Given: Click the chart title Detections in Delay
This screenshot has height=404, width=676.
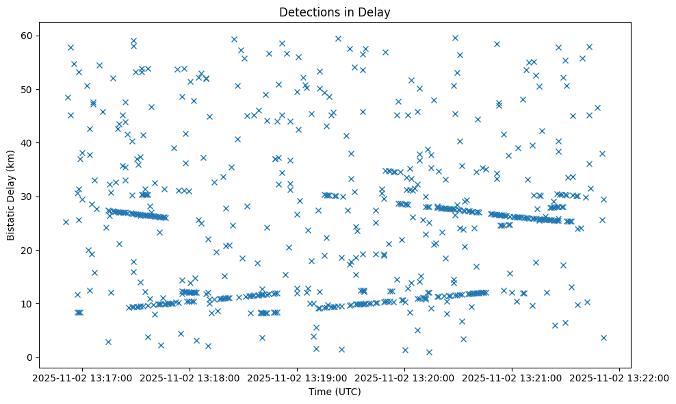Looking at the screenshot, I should click(x=335, y=12).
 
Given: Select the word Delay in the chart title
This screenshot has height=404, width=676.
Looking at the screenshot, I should click(x=375, y=12).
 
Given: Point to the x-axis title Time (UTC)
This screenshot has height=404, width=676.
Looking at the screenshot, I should click(x=335, y=392).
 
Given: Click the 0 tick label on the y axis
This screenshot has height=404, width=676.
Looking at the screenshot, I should click(x=30, y=357).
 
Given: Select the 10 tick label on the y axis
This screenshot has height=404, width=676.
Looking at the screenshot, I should click(x=27, y=304).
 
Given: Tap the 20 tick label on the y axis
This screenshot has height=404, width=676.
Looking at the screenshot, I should click(x=27, y=251).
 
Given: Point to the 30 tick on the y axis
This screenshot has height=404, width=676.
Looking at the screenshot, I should click(x=27, y=197).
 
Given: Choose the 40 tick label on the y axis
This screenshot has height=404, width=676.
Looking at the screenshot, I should click(x=27, y=143).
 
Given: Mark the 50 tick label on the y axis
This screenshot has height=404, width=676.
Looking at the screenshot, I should click(x=27, y=90).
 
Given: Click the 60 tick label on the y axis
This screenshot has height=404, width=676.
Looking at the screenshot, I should click(x=27, y=36).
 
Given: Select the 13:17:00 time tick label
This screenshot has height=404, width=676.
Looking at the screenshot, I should click(x=82, y=377).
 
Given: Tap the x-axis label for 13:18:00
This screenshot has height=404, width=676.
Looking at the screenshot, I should click(x=190, y=377).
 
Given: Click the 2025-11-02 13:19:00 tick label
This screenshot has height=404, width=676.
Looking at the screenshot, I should click(x=298, y=377).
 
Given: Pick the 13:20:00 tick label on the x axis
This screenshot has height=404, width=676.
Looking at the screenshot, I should click(x=405, y=377).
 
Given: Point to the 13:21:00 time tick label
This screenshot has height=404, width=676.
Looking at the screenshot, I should click(x=512, y=377).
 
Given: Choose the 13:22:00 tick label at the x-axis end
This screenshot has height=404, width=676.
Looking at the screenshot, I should click(x=620, y=377).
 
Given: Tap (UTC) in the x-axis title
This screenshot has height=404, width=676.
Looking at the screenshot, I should click(x=348, y=392).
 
